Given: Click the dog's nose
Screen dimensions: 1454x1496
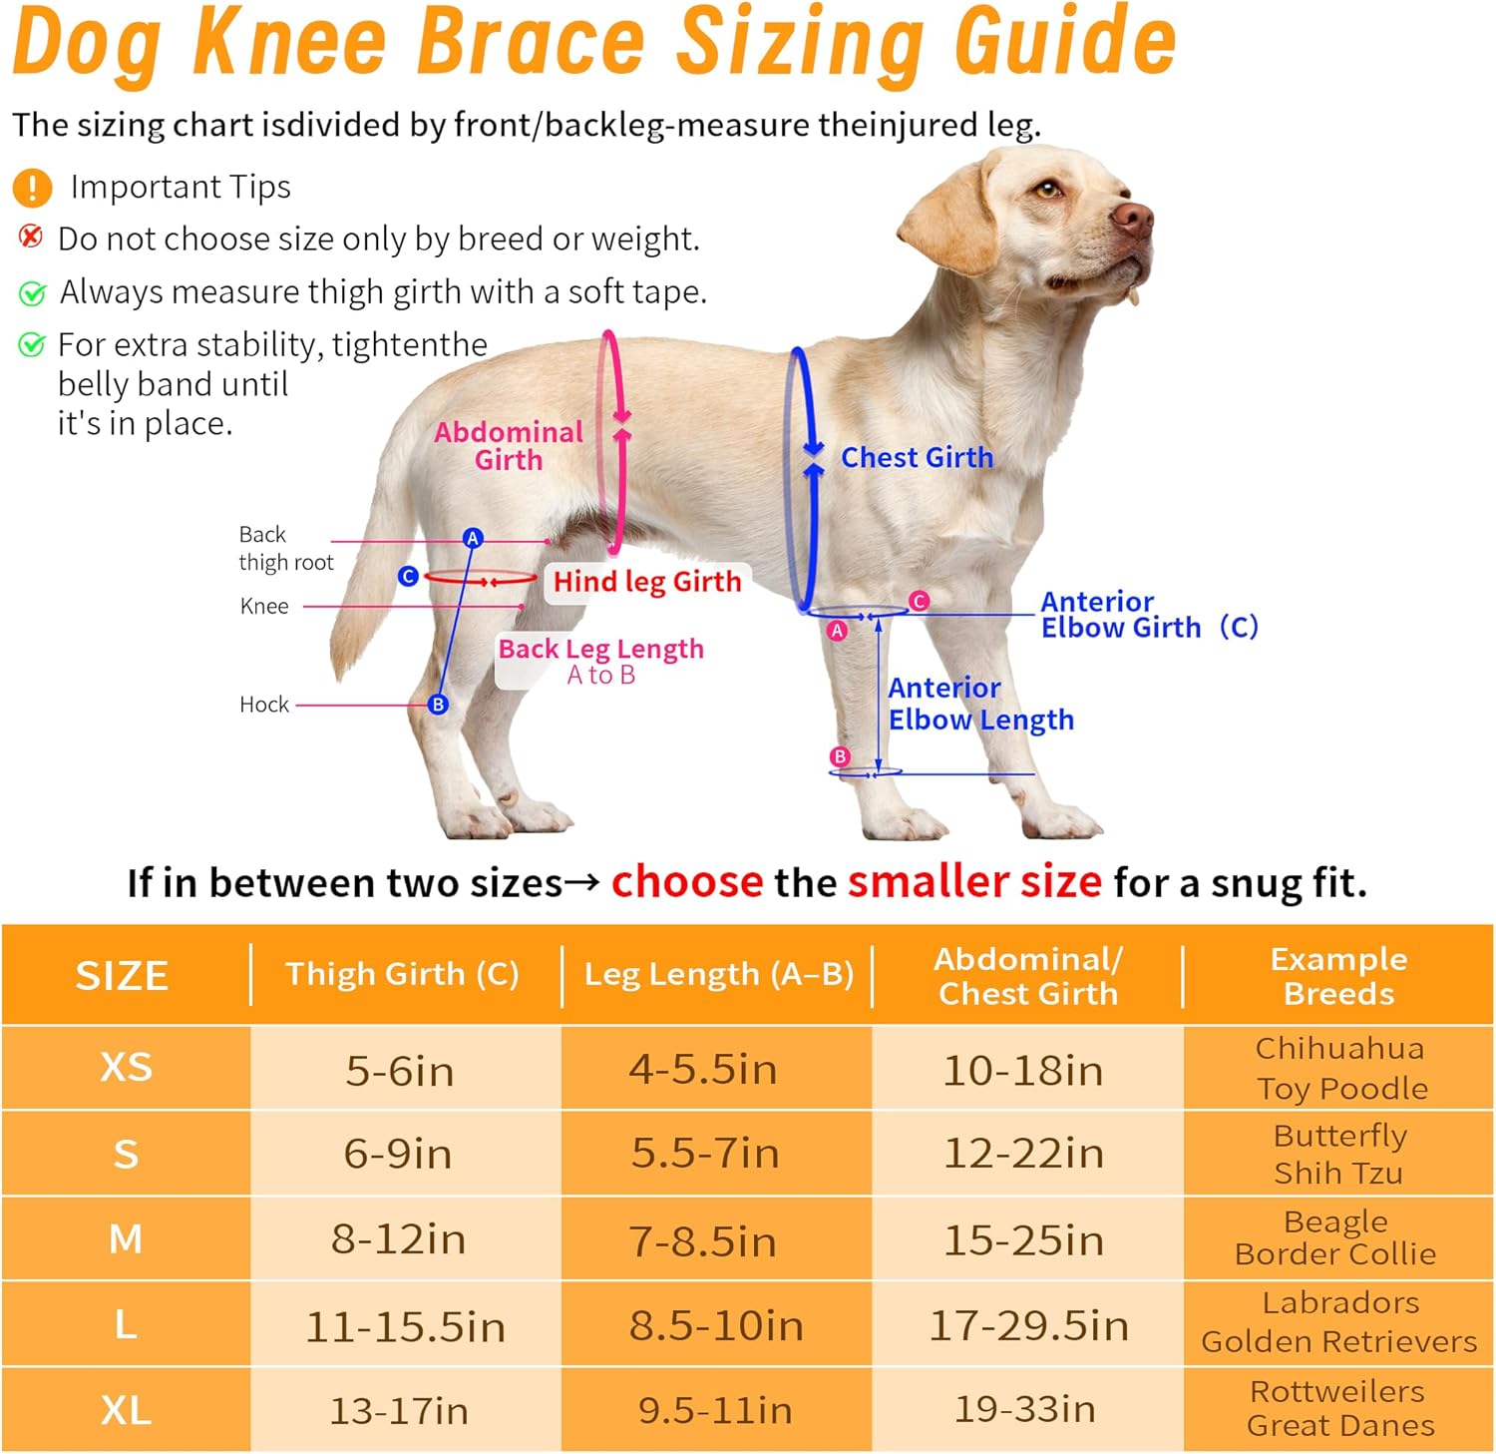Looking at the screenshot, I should pyautogui.click(x=1133, y=217).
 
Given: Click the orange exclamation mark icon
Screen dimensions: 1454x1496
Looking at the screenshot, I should pyautogui.click(x=32, y=187).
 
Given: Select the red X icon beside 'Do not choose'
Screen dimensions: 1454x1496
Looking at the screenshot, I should pyautogui.click(x=31, y=237).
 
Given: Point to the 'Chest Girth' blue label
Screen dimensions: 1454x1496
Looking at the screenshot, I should pyautogui.click(x=917, y=457).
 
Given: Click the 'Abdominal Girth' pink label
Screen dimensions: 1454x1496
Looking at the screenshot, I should pyautogui.click(x=509, y=445).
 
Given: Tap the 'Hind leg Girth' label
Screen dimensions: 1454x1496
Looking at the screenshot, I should pyautogui.click(x=647, y=582).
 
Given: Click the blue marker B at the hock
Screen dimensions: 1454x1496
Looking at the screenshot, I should pyautogui.click(x=438, y=705).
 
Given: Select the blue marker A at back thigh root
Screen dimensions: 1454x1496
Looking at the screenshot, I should pyautogui.click(x=473, y=538).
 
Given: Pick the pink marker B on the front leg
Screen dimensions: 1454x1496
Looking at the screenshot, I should pyautogui.click(x=840, y=756).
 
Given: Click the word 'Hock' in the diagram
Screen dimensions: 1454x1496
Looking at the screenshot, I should pyautogui.click(x=264, y=705).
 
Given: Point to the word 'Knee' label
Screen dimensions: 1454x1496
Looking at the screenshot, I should pyautogui.click(x=264, y=606).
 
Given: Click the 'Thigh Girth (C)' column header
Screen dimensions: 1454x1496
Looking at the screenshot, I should pyautogui.click(x=402, y=974).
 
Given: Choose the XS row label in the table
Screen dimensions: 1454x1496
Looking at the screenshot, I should pyautogui.click(x=126, y=1068).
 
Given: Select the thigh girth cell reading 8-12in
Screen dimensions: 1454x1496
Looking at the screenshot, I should pyautogui.click(x=399, y=1239).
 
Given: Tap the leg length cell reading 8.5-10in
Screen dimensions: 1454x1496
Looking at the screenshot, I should pyautogui.click(x=716, y=1325).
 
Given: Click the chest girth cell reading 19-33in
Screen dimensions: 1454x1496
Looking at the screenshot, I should pyautogui.click(x=1025, y=1409).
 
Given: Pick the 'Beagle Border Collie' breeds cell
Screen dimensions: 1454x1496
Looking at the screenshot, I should pyautogui.click(x=1336, y=1237).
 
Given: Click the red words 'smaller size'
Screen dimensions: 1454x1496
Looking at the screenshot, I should pyautogui.click(x=974, y=882).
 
